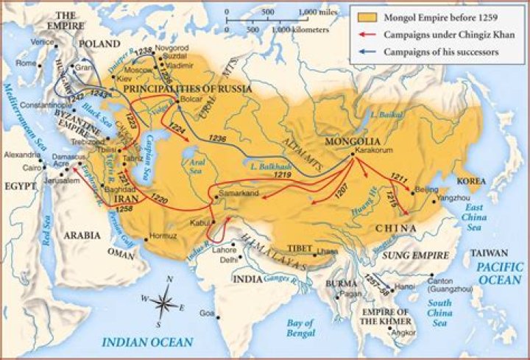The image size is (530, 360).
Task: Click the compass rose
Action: (x=167, y=300)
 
